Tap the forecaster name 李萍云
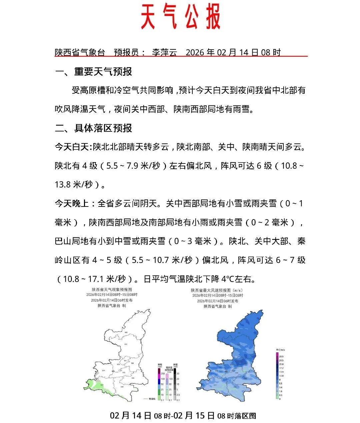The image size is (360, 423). coord(164,52)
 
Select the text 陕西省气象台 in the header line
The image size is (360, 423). coord(80,52)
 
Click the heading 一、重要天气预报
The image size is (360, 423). coord(93,72)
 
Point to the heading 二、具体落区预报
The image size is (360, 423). coord(93,128)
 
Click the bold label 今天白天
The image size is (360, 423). coord(72,147)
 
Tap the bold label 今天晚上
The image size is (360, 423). coord(72,203)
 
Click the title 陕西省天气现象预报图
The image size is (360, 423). coord(112,290)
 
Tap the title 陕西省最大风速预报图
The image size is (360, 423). coord(217,290)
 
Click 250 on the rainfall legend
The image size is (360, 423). coord(163,374)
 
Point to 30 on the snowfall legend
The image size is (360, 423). coord(178,374)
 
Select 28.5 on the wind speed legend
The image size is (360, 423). coord(281,357)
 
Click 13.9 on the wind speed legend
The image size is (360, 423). coord(281,372)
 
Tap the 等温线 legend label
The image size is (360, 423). coord(152,399)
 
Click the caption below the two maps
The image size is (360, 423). coord(183,416)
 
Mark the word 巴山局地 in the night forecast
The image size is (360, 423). coord(72,241)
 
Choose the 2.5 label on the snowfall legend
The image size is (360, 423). coord(178,395)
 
